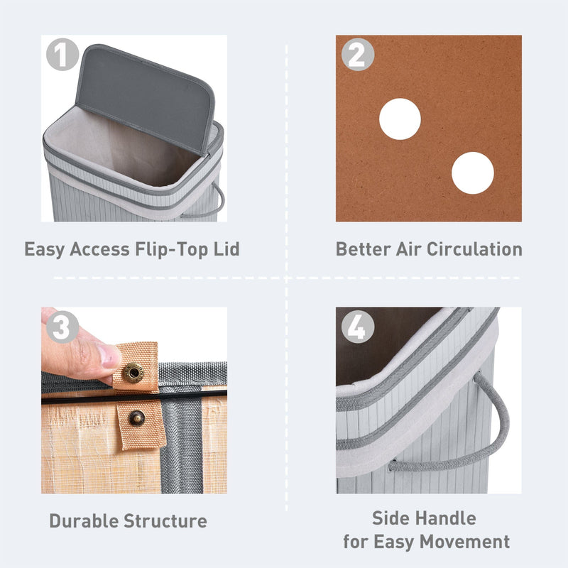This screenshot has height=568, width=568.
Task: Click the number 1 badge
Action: click(x=61, y=55)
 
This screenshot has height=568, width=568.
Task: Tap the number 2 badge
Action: click(x=357, y=55)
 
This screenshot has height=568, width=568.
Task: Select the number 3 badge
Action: click(x=62, y=327)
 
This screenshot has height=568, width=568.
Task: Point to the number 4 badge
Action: click(x=357, y=328)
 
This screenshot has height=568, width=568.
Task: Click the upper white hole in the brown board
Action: click(x=400, y=119)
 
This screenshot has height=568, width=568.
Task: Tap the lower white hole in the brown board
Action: click(x=472, y=173)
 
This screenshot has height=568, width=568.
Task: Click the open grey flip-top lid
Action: click(x=146, y=97)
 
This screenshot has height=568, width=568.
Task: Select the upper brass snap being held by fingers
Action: click(x=133, y=371)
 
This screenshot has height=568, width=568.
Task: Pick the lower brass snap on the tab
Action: click(x=135, y=418)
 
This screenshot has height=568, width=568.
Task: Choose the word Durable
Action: click(x=84, y=521)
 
